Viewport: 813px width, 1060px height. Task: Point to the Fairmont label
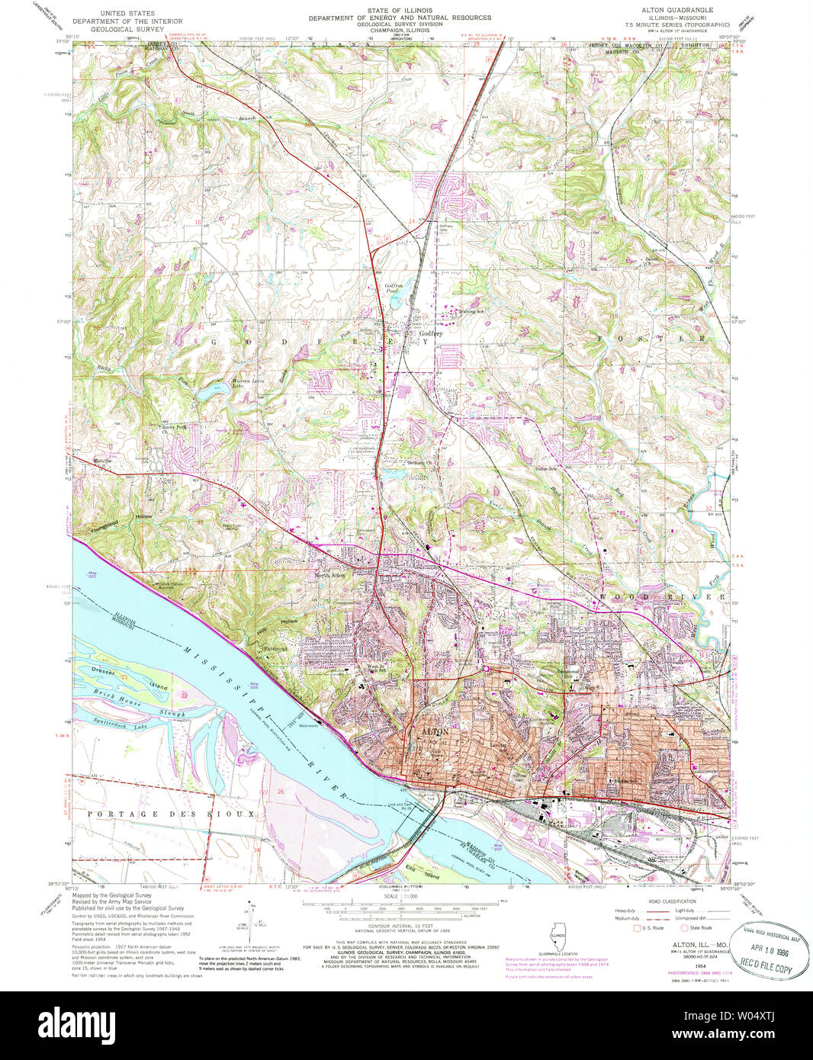pyautogui.click(x=274, y=648)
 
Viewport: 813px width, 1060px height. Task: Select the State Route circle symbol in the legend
pyautogui.click(x=685, y=928)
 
